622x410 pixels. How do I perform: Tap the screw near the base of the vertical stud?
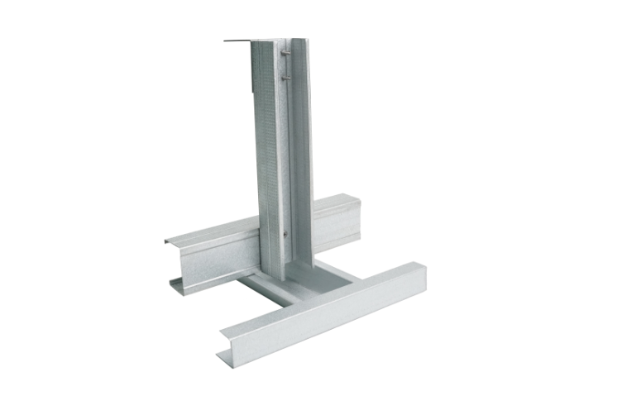click(x=285, y=234)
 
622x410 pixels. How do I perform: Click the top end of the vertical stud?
click(x=281, y=41)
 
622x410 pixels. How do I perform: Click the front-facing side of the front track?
click(x=331, y=322)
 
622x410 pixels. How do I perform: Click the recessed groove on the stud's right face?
click(x=297, y=149)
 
